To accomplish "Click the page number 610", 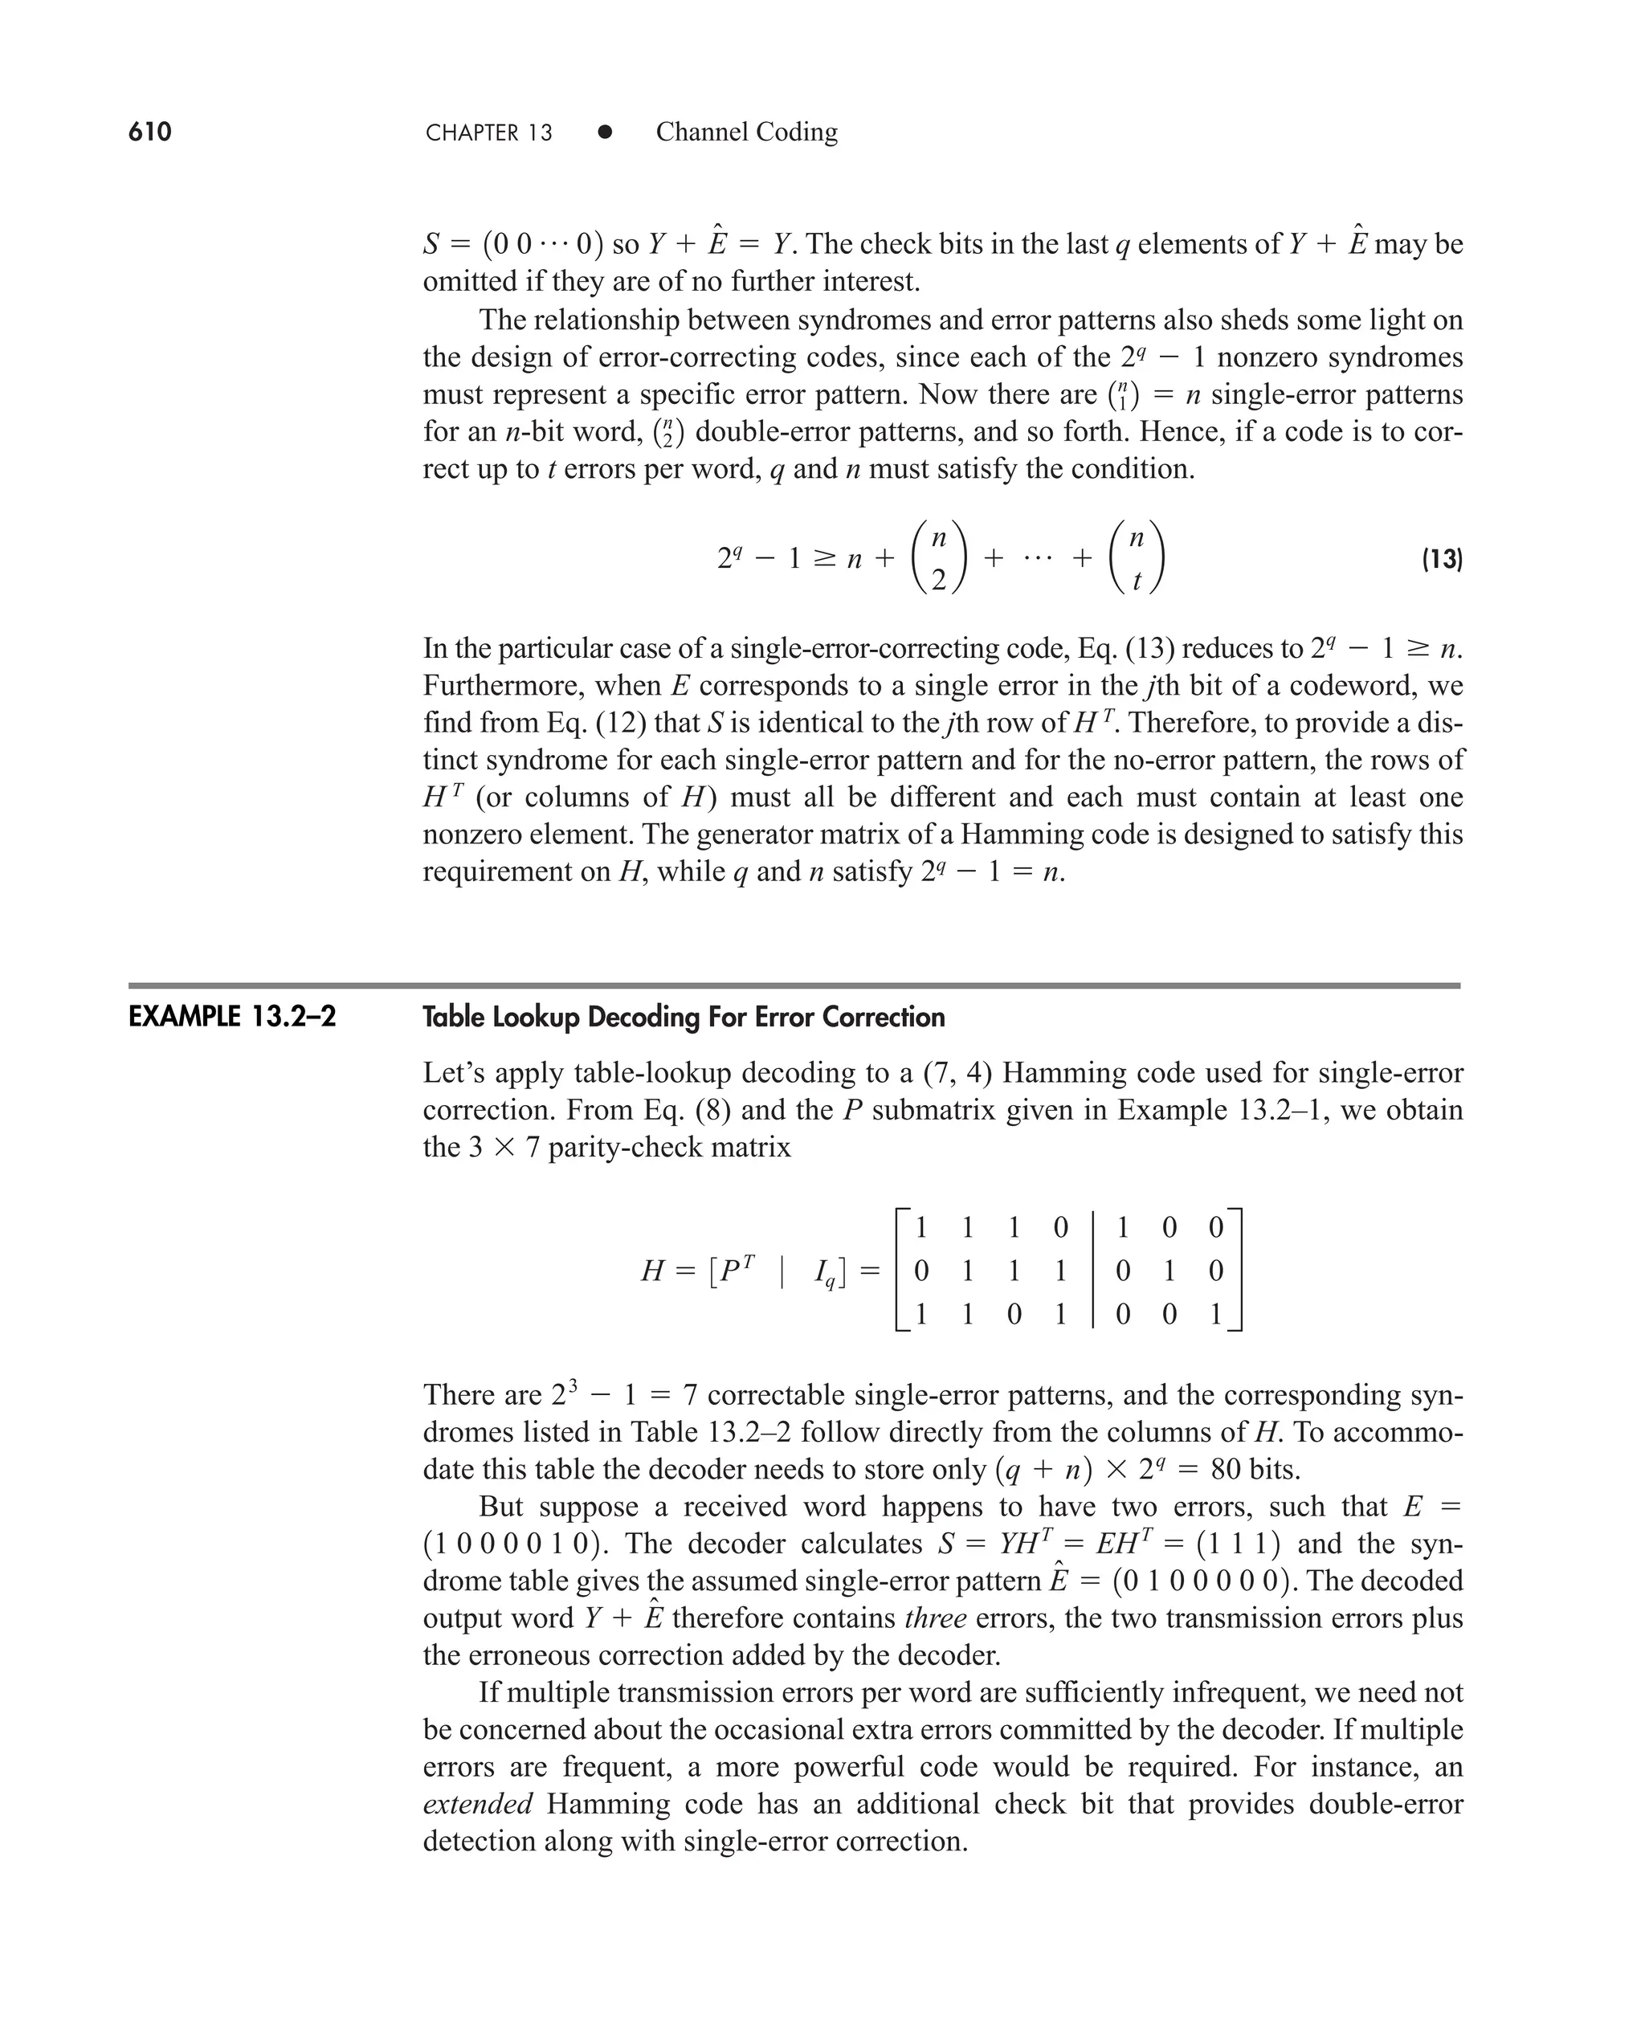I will [149, 132].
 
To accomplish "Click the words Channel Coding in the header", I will [747, 132].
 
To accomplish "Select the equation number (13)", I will [1441, 559].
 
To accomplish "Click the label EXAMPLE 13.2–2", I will [232, 1018].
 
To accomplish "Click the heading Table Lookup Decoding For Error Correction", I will [684, 1018].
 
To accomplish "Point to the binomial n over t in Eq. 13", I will [1136, 559].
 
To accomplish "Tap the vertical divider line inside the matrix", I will [1092, 1270].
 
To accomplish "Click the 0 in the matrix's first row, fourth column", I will [1060, 1228].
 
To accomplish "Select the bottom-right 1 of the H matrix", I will [1216, 1314].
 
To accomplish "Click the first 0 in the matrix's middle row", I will [921, 1271].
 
